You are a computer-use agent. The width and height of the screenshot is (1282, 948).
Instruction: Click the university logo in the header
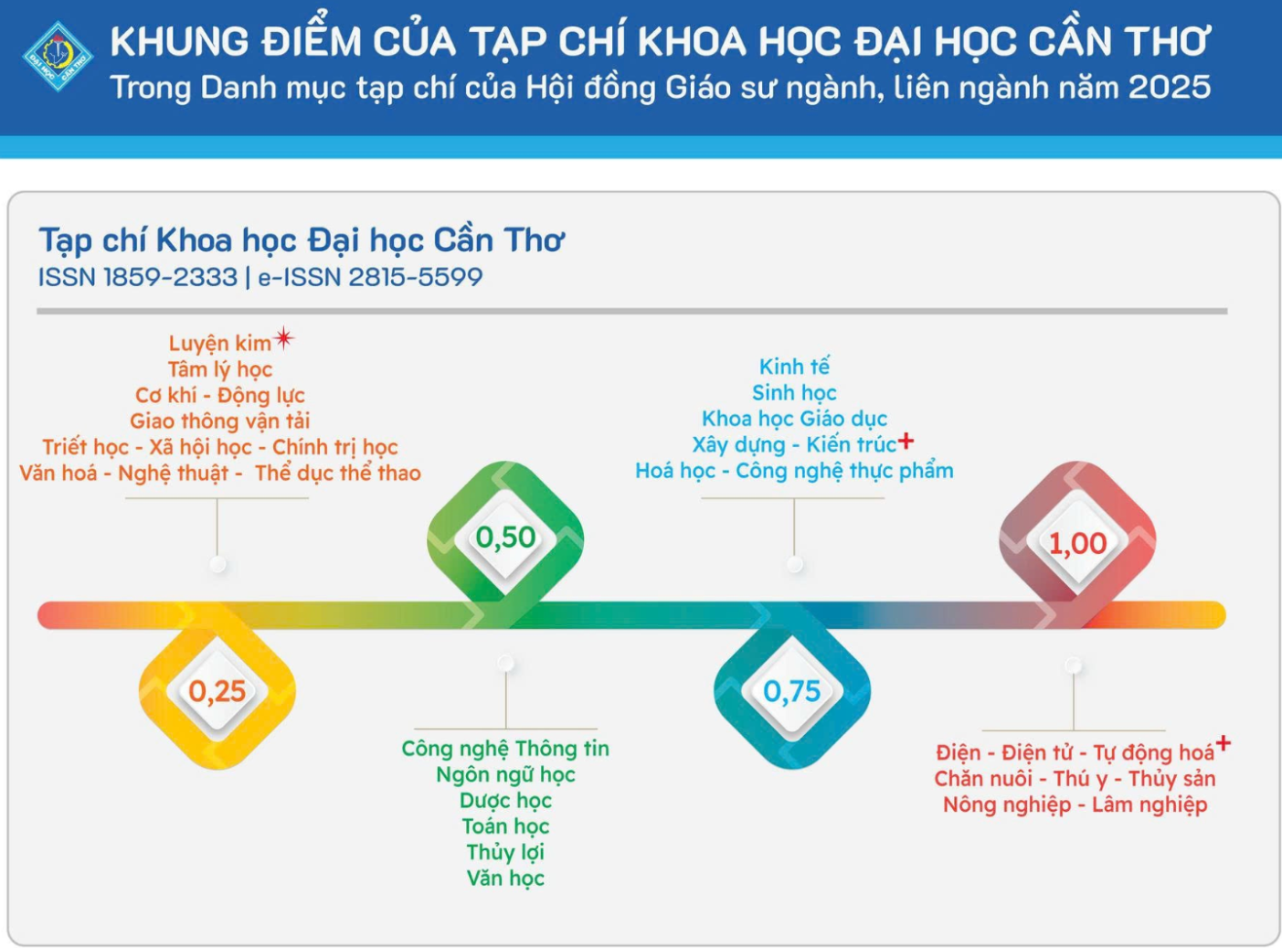pyautogui.click(x=58, y=56)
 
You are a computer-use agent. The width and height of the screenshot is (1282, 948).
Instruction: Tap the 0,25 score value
pyautogui.click(x=217, y=691)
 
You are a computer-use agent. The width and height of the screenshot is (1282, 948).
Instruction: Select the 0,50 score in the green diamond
pyautogui.click(x=505, y=538)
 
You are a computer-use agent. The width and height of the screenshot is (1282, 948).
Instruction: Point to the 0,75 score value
pyautogui.click(x=792, y=691)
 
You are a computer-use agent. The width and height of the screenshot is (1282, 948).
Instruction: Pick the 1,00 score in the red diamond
pyautogui.click(x=1077, y=544)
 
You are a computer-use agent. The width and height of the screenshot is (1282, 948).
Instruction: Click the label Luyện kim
pyautogui.click(x=219, y=344)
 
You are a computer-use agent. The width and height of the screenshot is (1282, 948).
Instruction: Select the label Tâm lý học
pyautogui.click(x=220, y=369)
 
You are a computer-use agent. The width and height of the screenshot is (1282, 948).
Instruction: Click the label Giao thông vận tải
pyautogui.click(x=219, y=421)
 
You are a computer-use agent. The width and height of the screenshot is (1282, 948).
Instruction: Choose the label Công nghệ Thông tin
pyautogui.click(x=505, y=749)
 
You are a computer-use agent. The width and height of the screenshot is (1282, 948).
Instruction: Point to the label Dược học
pyautogui.click(x=505, y=801)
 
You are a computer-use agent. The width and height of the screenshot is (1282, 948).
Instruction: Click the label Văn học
pyautogui.click(x=505, y=878)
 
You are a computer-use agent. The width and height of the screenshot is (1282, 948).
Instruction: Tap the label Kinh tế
pyautogui.click(x=794, y=367)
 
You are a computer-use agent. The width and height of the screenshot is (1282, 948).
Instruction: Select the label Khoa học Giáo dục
pyautogui.click(x=794, y=419)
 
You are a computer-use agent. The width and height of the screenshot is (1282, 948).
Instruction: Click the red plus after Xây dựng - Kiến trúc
pyautogui.click(x=906, y=442)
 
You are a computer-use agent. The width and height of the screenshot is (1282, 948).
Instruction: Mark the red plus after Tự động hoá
pyautogui.click(x=1223, y=742)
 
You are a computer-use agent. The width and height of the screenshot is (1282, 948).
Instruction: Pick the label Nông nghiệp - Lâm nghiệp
pyautogui.click(x=1075, y=804)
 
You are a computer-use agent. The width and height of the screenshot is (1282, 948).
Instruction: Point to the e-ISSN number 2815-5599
pyautogui.click(x=415, y=277)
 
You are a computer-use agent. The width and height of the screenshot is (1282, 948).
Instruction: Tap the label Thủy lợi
pyautogui.click(x=505, y=852)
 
